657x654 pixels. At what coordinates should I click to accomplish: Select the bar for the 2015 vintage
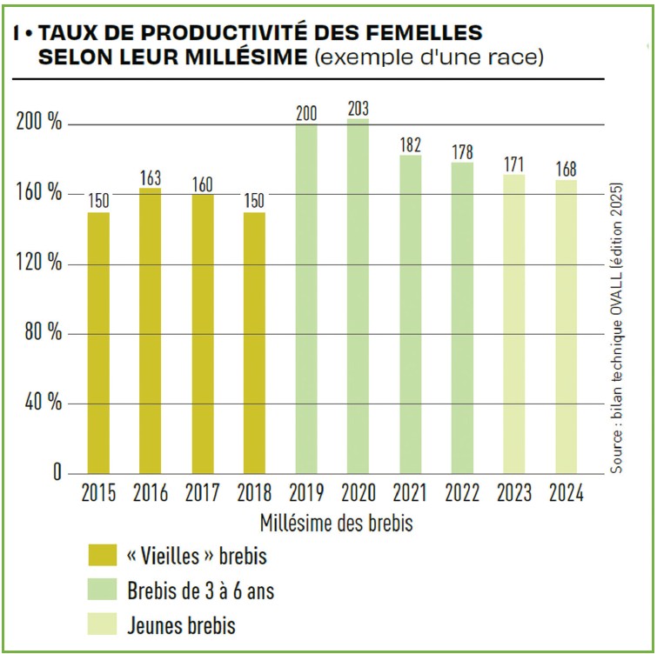(x=98, y=343)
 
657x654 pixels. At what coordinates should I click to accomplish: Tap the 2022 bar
(x=462, y=317)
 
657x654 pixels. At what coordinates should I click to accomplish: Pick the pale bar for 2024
(x=566, y=326)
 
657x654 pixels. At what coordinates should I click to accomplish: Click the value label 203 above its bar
(x=359, y=110)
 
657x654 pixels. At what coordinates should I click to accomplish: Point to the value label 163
(x=151, y=178)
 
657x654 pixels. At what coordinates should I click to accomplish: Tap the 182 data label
(x=411, y=145)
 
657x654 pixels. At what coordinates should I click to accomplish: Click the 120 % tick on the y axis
(x=41, y=264)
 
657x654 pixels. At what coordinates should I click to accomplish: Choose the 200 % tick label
(x=41, y=123)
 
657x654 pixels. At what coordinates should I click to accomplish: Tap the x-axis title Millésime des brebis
(x=335, y=524)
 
